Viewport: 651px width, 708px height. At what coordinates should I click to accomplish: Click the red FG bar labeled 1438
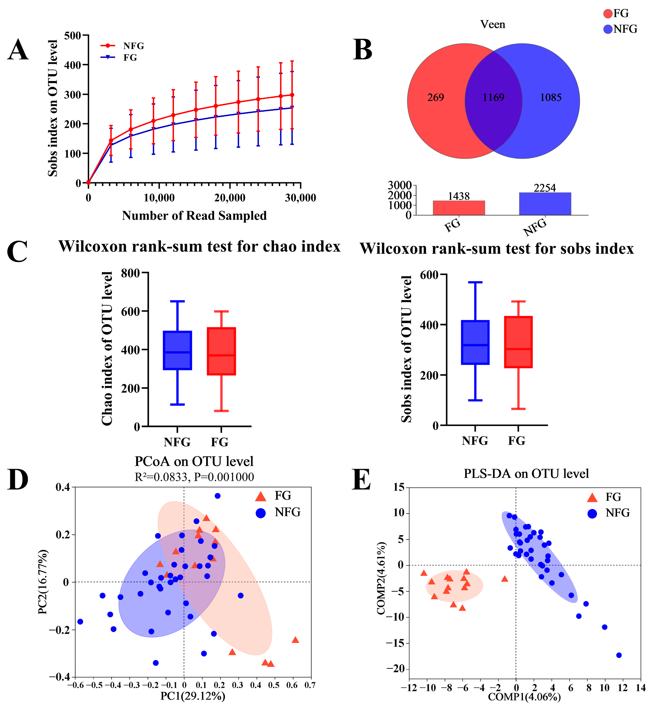[459, 208]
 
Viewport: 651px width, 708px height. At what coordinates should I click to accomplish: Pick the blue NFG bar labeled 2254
[545, 204]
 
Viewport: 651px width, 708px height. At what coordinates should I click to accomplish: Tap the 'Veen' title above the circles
[493, 24]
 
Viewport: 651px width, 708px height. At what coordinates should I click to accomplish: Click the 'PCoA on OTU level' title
[194, 461]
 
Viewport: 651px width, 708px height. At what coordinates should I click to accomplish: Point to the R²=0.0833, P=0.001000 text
[194, 477]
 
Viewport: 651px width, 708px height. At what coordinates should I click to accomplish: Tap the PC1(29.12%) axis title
[193, 696]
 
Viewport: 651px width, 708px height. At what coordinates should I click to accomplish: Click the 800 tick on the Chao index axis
[130, 273]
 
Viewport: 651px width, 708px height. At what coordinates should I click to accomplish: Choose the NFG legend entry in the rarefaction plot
[133, 46]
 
